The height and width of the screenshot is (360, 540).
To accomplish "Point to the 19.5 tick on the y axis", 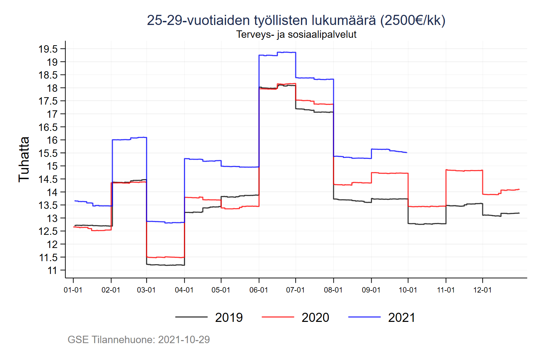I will [48, 49].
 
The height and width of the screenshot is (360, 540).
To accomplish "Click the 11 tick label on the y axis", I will [52, 271].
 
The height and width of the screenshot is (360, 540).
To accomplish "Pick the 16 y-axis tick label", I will [52, 140].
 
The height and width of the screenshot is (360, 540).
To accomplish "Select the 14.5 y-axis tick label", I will [48, 179].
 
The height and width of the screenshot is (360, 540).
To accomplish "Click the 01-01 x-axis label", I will [73, 290].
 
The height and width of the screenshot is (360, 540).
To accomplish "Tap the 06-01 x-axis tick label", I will [259, 290].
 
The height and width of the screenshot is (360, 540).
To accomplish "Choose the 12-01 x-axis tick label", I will [482, 290].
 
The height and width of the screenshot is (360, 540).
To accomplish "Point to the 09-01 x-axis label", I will [371, 290].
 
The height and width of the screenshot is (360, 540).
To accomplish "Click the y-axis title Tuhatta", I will [24, 160].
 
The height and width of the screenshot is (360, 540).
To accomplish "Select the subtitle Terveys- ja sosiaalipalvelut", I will [296, 34].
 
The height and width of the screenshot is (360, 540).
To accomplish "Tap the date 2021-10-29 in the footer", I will [184, 339].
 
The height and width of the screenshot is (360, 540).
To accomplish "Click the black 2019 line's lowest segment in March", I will [165, 265].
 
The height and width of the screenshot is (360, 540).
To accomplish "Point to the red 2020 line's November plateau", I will [464, 170].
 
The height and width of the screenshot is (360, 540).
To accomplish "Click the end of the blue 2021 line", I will [407, 153].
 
